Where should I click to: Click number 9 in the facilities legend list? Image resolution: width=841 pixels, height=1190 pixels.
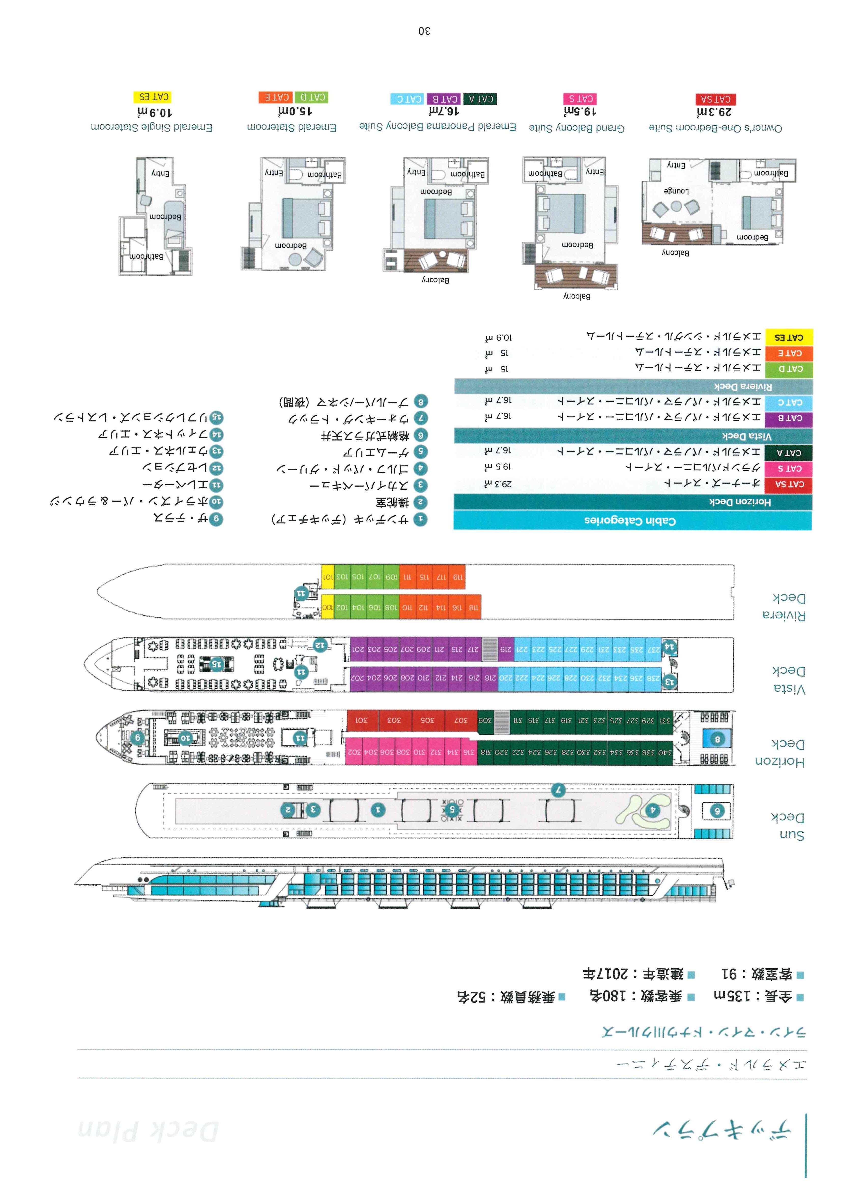pos(216,519)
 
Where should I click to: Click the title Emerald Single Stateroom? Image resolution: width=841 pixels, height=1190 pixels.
pos(152,127)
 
